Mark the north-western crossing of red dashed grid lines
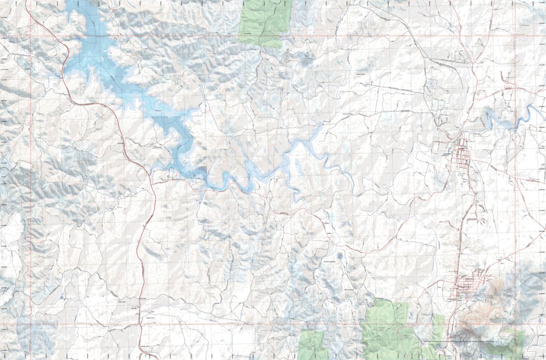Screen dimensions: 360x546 tap(31, 36)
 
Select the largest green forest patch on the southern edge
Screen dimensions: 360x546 tap(386, 330)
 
